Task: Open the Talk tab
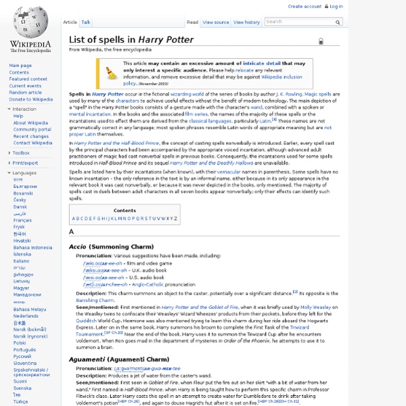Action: [86, 22]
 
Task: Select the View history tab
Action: [248, 22]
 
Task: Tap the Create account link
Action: [304, 6]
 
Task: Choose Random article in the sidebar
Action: [26, 93]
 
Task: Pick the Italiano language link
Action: [22, 261]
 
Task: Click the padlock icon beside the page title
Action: [321, 41]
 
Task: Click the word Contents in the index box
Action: [125, 210]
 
